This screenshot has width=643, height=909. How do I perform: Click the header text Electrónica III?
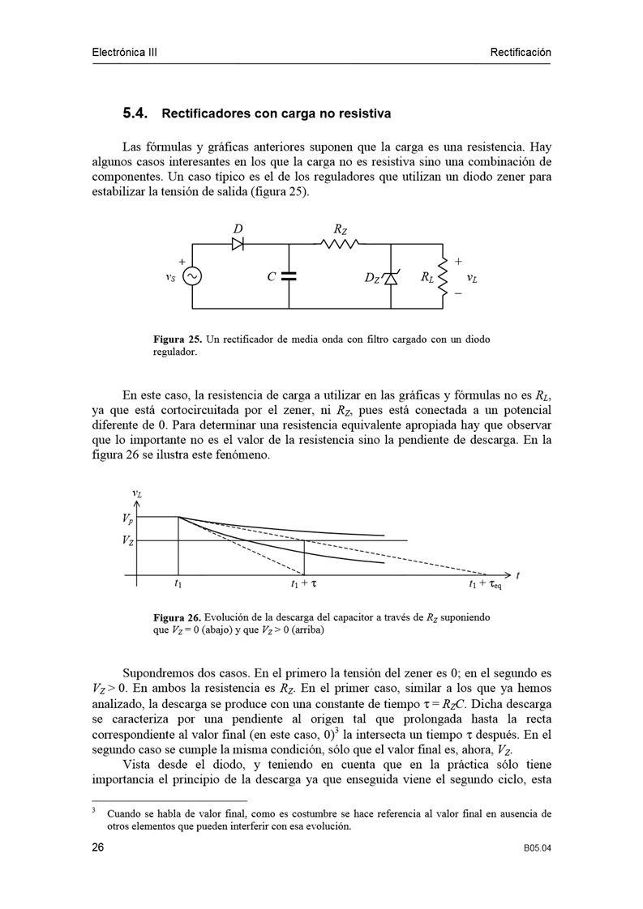click(124, 53)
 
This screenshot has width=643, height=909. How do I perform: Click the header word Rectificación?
click(520, 53)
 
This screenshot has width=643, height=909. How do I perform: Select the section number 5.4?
click(135, 113)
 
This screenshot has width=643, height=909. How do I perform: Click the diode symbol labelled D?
click(238, 243)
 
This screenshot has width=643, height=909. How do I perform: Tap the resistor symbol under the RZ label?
click(341, 243)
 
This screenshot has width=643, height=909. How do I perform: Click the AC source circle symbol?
click(192, 277)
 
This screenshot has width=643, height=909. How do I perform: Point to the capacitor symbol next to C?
click(289, 277)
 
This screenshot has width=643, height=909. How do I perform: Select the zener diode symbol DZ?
click(391, 278)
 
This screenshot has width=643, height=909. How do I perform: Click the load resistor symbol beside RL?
click(443, 277)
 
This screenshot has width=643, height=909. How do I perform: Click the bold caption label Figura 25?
click(177, 339)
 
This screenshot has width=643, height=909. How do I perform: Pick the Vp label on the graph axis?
click(128, 518)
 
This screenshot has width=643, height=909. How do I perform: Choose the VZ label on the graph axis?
click(128, 540)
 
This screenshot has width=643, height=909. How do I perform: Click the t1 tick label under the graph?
click(178, 583)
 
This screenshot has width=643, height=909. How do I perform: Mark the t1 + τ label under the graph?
click(303, 583)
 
